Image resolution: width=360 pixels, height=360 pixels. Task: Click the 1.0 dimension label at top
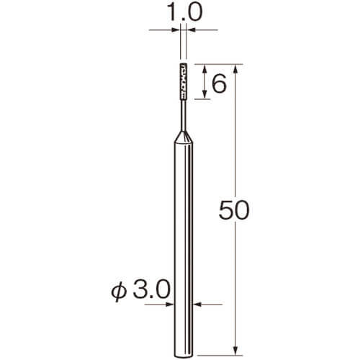[184, 12]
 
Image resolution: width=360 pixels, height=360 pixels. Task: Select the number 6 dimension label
[219, 84]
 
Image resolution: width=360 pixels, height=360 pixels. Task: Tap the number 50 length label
[234, 210]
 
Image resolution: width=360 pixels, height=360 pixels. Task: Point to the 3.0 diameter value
[151, 289]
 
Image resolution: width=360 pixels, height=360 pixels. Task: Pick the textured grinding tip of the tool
[183, 81]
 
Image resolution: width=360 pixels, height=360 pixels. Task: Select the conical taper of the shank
[184, 138]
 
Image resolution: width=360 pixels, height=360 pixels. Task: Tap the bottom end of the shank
[184, 355]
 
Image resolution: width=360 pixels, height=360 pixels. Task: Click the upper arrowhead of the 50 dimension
[235, 69]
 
